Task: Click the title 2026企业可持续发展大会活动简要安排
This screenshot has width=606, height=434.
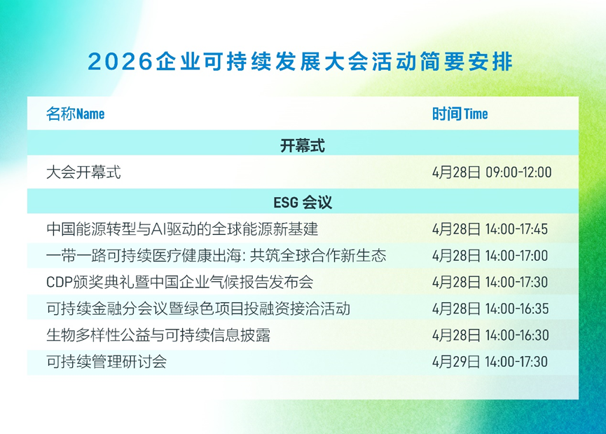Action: click(301, 62)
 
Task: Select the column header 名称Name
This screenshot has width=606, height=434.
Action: click(76, 114)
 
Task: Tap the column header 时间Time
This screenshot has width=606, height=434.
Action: click(460, 114)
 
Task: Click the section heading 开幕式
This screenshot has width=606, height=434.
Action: click(303, 146)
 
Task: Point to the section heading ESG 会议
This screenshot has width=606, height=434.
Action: click(303, 203)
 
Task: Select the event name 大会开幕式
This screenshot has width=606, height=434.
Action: click(83, 172)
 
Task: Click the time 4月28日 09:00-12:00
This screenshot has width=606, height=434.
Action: click(492, 172)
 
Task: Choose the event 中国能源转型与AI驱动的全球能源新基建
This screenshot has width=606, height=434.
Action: click(182, 229)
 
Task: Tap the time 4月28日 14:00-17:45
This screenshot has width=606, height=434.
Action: click(490, 229)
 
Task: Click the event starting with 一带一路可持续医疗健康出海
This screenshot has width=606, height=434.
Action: click(216, 256)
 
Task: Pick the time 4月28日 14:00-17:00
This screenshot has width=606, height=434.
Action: click(490, 256)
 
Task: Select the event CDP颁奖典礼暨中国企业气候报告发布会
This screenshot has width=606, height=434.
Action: click(180, 282)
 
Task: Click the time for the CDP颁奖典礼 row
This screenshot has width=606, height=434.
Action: click(490, 282)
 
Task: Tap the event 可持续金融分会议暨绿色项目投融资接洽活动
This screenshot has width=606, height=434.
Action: click(198, 308)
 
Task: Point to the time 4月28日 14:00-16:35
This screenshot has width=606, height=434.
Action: click(490, 308)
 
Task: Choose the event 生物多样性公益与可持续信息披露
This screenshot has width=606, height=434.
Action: click(158, 335)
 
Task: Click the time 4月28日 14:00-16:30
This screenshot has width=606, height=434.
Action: click(490, 335)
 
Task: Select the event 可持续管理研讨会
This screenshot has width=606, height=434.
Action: click(106, 362)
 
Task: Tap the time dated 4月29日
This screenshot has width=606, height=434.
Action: click(490, 362)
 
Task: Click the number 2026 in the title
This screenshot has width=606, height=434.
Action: click(120, 62)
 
